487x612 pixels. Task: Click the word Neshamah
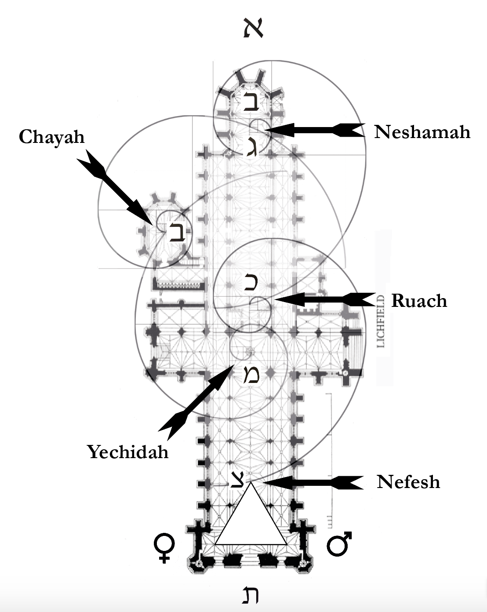(422, 132)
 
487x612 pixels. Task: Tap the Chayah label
(51, 137)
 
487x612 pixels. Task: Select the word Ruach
(419, 301)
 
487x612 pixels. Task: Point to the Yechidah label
(127, 452)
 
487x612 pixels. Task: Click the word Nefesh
(408, 482)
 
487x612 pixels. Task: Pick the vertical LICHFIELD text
(381, 321)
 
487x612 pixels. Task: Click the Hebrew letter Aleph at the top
(253, 29)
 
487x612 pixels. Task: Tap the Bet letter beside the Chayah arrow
(178, 232)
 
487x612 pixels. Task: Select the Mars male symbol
(339, 543)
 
